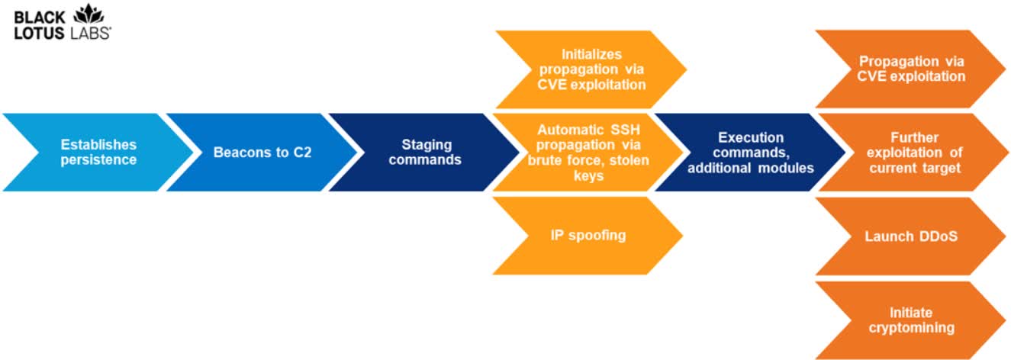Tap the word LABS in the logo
(90, 33)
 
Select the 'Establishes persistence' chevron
(98, 152)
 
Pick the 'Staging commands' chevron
(425, 152)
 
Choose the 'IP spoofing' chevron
(588, 235)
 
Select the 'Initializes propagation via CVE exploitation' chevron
(591, 69)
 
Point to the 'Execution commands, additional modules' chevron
(750, 152)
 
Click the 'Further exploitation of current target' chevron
(913, 152)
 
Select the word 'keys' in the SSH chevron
(588, 175)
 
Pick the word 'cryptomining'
(911, 328)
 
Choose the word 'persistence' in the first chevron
(98, 159)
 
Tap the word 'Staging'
(427, 145)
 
